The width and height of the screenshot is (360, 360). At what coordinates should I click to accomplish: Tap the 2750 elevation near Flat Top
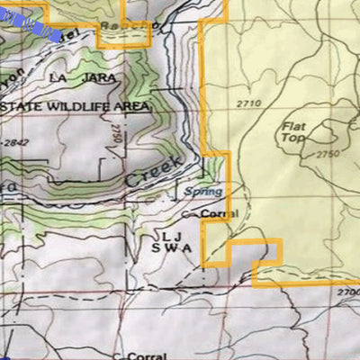pyautogui.click(x=328, y=155)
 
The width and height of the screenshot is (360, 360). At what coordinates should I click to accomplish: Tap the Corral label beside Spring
pyautogui.click(x=219, y=213)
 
